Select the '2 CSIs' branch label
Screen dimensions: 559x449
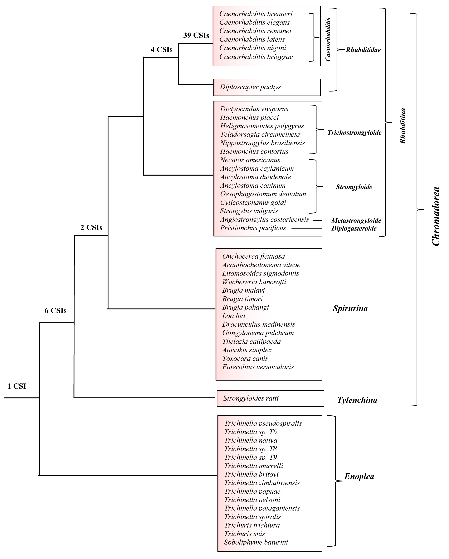tap(91, 227)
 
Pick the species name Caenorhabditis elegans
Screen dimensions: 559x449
tap(254, 22)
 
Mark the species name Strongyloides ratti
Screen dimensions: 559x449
tap(251, 398)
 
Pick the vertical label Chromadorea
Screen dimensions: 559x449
tap(436, 216)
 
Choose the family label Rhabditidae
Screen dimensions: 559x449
tap(363, 50)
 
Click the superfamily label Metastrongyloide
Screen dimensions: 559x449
tap(356, 221)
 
